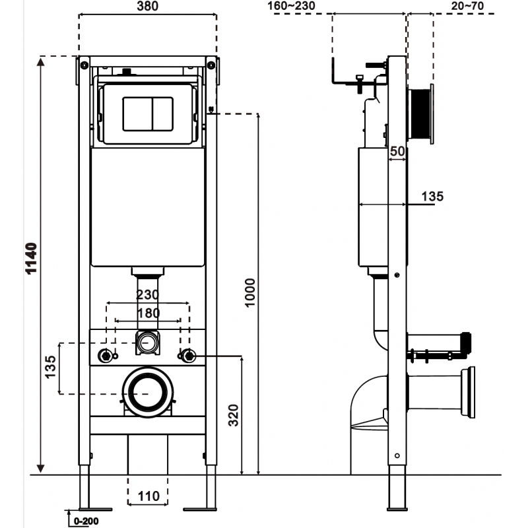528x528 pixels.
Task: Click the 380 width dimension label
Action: (147, 7)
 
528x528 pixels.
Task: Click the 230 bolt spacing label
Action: (148, 296)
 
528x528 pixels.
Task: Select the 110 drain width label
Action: (148, 496)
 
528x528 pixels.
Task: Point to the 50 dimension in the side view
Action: (397, 152)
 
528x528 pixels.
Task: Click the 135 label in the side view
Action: (432, 196)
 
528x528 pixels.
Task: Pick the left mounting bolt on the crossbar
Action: (105, 356)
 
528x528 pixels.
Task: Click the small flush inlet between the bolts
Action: (148, 343)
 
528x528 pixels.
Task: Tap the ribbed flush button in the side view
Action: (418, 114)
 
